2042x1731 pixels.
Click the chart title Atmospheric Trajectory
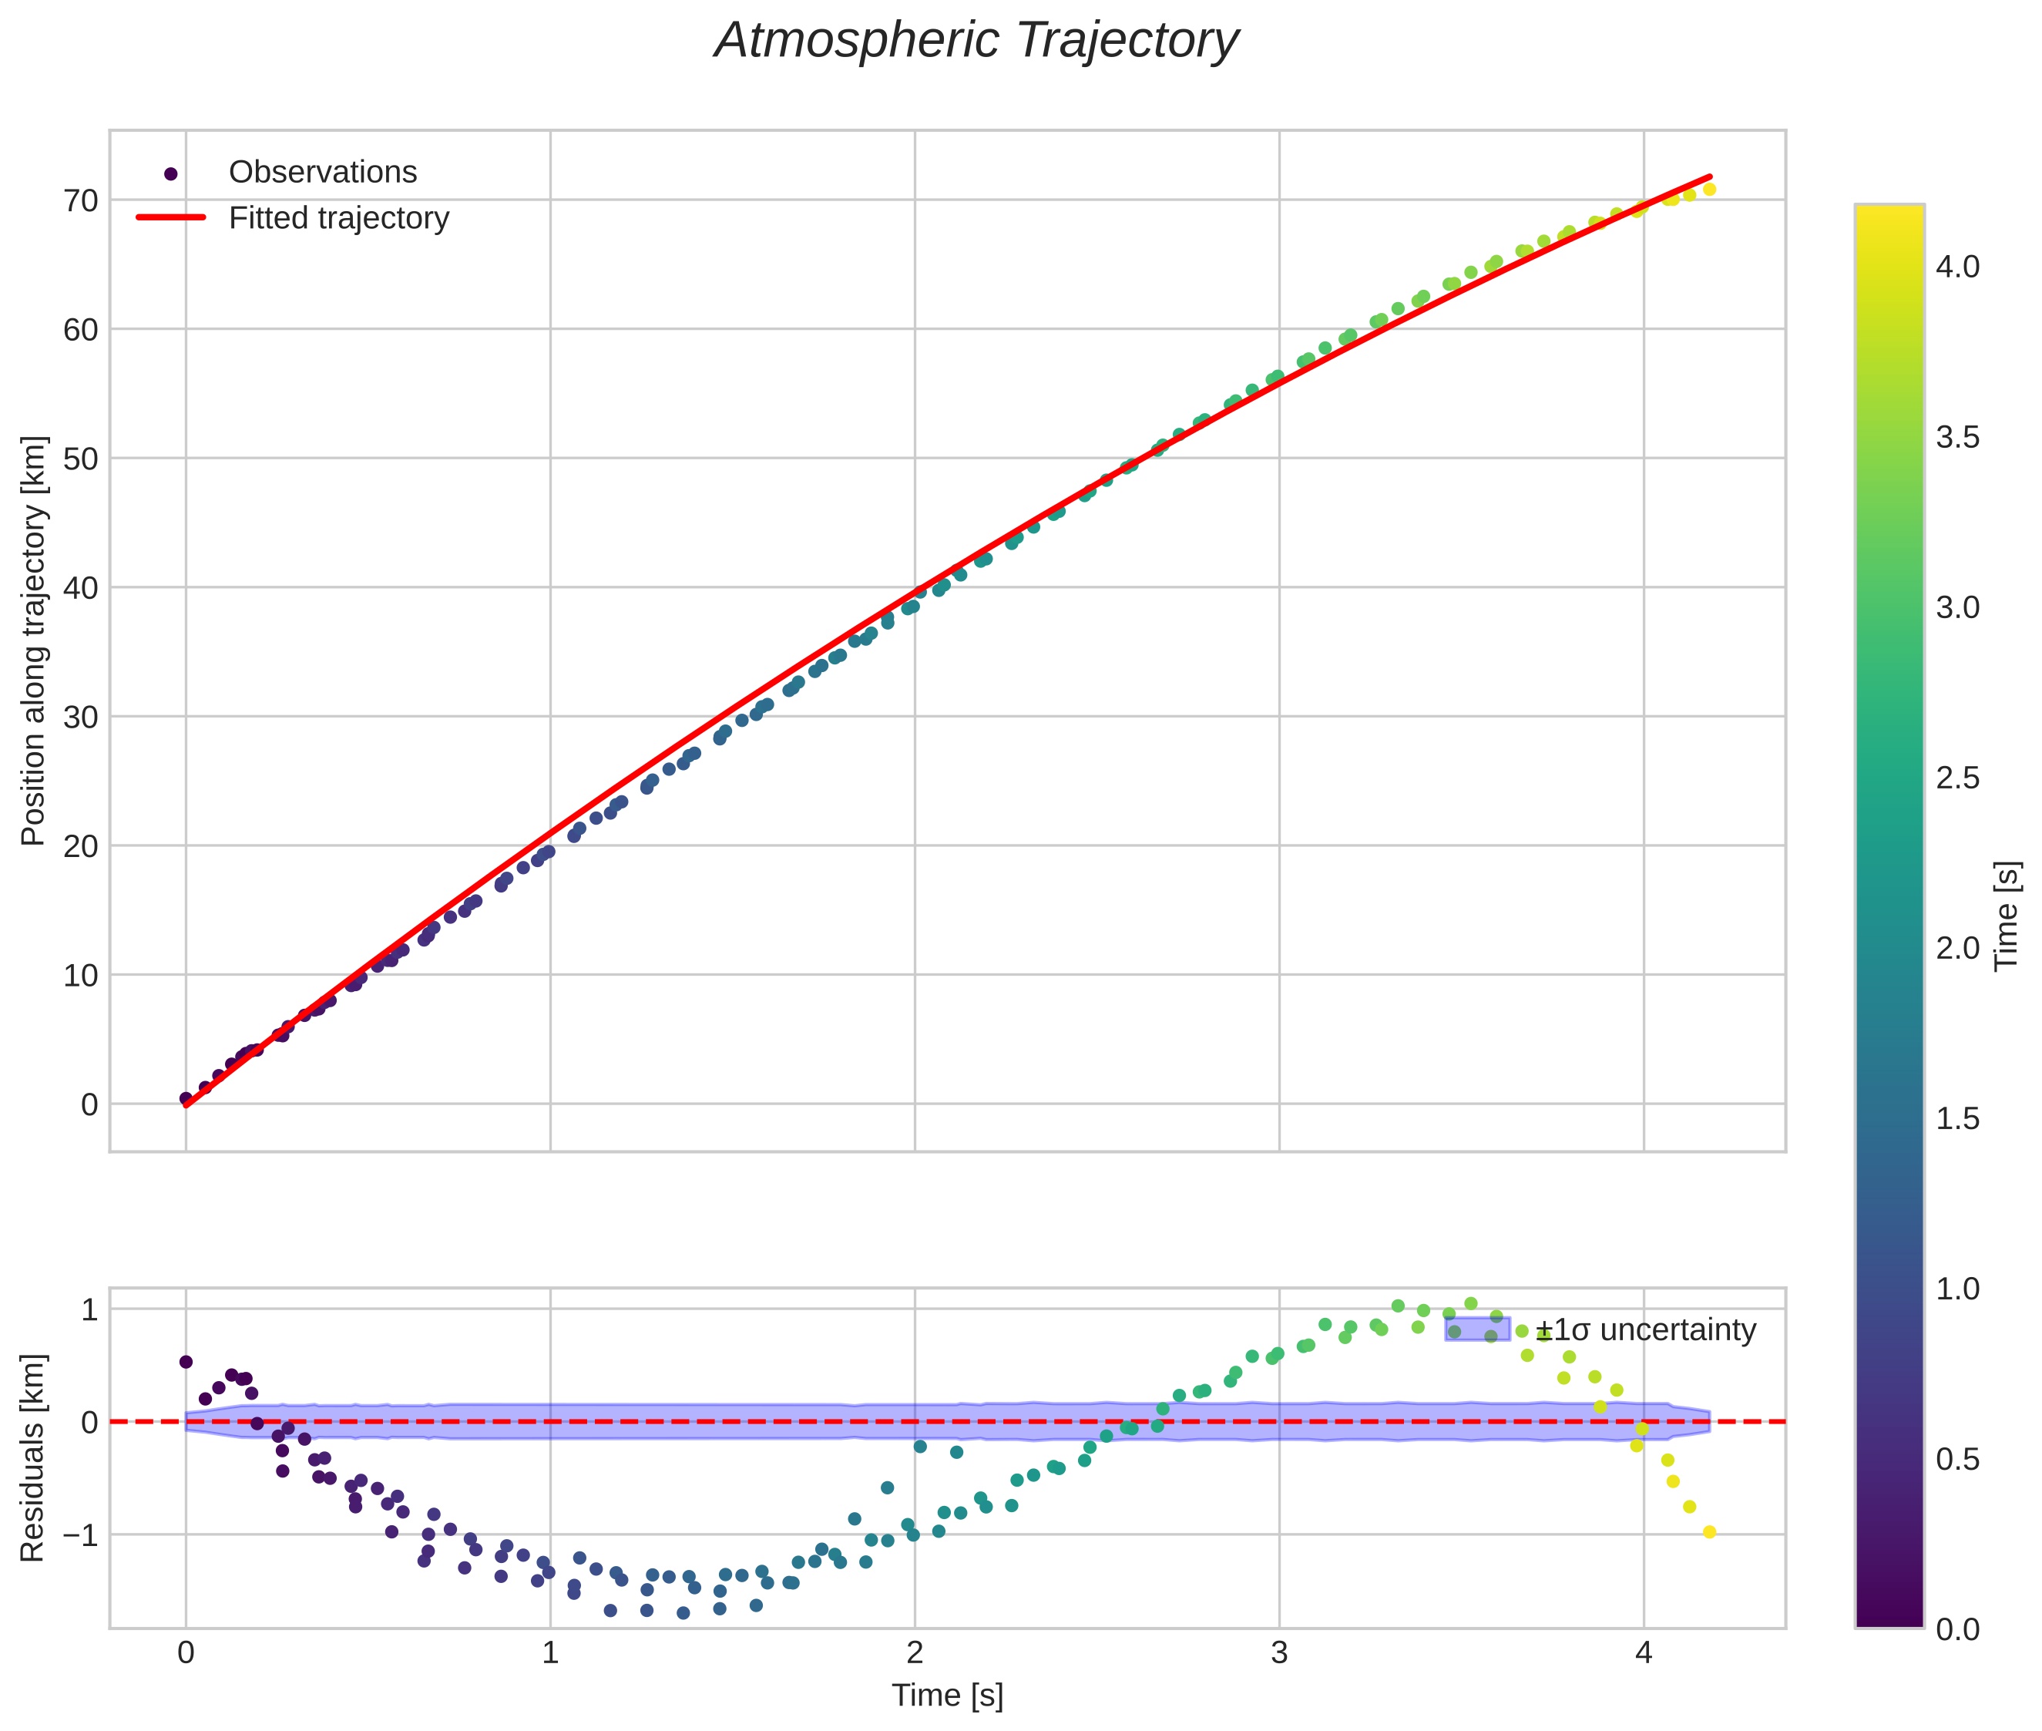[976, 41]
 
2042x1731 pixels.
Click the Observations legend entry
[322, 173]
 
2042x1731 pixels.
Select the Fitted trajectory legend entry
[338, 218]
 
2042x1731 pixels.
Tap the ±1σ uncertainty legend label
[1646, 1331]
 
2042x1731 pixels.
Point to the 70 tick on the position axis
[82, 201]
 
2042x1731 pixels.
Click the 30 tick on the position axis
[82, 718]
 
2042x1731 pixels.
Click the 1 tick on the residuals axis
[89, 1310]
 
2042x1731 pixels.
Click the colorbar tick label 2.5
[1957, 778]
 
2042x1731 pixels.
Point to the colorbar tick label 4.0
[1957, 267]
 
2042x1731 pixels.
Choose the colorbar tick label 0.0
[1957, 1630]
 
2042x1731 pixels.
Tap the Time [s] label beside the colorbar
[2007, 916]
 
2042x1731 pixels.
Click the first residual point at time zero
[186, 1362]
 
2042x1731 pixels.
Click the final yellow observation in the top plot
[1709, 190]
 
